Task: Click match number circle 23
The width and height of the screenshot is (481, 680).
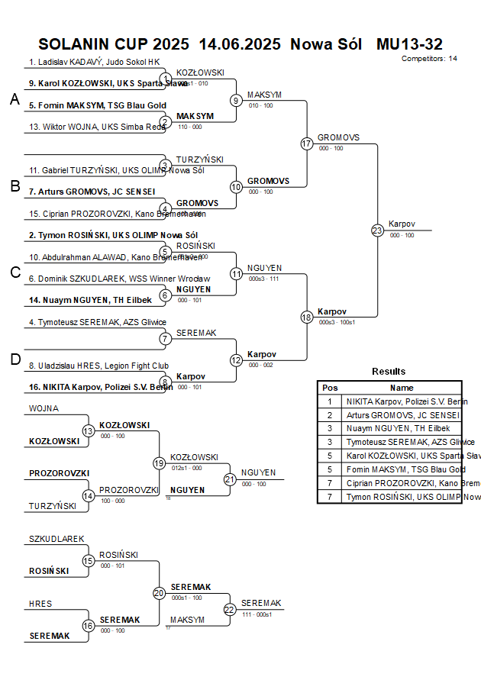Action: pyautogui.click(x=377, y=230)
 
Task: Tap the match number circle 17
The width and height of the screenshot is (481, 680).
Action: pyautogui.click(x=307, y=143)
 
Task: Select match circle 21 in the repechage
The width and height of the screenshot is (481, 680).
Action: pyautogui.click(x=230, y=479)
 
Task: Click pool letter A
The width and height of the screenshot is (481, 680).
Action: pyautogui.click(x=15, y=99)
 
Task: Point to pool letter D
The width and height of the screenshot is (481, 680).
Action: pyautogui.click(x=15, y=359)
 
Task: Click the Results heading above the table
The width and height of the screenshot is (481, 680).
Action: pyautogui.click(x=389, y=371)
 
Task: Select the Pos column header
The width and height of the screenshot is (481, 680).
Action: pyautogui.click(x=330, y=388)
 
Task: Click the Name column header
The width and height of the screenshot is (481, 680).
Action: pyautogui.click(x=402, y=388)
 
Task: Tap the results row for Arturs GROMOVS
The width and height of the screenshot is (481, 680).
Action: pyautogui.click(x=402, y=415)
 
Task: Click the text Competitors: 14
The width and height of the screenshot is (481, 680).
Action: pyautogui.click(x=429, y=58)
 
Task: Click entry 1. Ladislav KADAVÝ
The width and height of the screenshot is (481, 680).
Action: pyautogui.click(x=95, y=62)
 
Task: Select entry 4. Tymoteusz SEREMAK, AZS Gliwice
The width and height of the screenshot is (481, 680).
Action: pyautogui.click(x=98, y=322)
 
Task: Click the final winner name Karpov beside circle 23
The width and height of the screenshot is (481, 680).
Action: pyautogui.click(x=402, y=224)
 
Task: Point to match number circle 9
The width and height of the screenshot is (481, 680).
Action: pyautogui.click(x=236, y=100)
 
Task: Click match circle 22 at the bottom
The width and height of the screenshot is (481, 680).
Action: pyautogui.click(x=230, y=609)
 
